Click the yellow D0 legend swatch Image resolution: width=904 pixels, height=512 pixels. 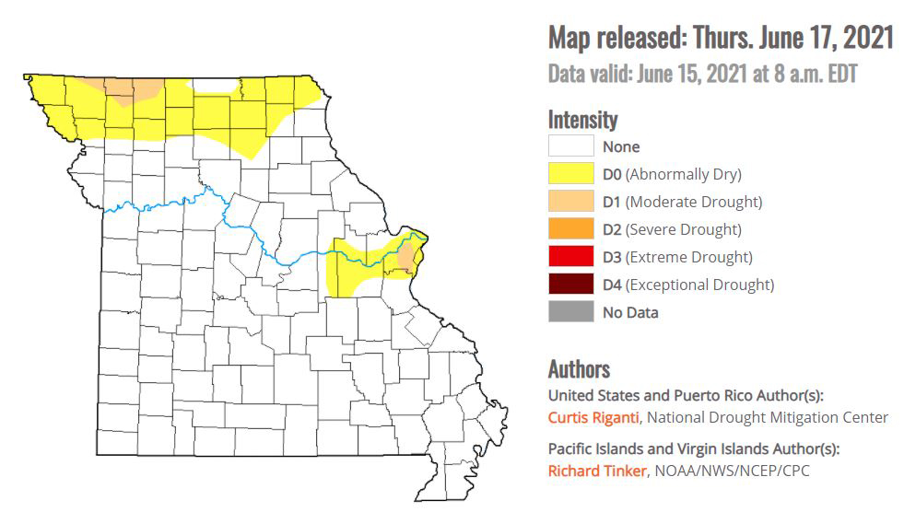coord(570,174)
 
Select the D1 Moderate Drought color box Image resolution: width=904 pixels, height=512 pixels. coord(570,202)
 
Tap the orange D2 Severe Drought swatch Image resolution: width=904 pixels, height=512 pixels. coord(570,229)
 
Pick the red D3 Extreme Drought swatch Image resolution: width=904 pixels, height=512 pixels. coord(570,257)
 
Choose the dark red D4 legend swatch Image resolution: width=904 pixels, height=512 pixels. coord(570,285)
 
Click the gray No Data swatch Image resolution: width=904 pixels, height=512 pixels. coord(570,312)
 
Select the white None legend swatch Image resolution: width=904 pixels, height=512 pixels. coord(570,146)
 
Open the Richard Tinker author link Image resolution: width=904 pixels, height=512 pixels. coord(596,471)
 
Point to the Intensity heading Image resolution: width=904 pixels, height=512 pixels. coord(582,120)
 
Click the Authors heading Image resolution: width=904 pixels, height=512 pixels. coord(579,369)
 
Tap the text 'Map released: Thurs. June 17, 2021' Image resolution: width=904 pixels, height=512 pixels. coord(721,38)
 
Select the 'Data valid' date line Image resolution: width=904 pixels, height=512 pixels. coord(702,74)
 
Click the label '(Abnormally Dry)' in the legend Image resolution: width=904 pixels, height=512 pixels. coord(685,174)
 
